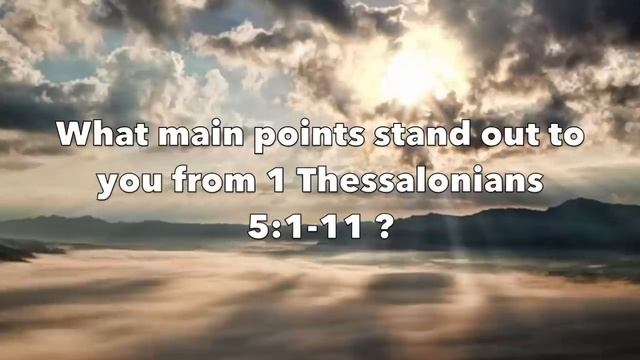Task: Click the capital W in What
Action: [76, 135]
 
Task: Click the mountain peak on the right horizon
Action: [580, 203]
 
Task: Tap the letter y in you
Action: [106, 186]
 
